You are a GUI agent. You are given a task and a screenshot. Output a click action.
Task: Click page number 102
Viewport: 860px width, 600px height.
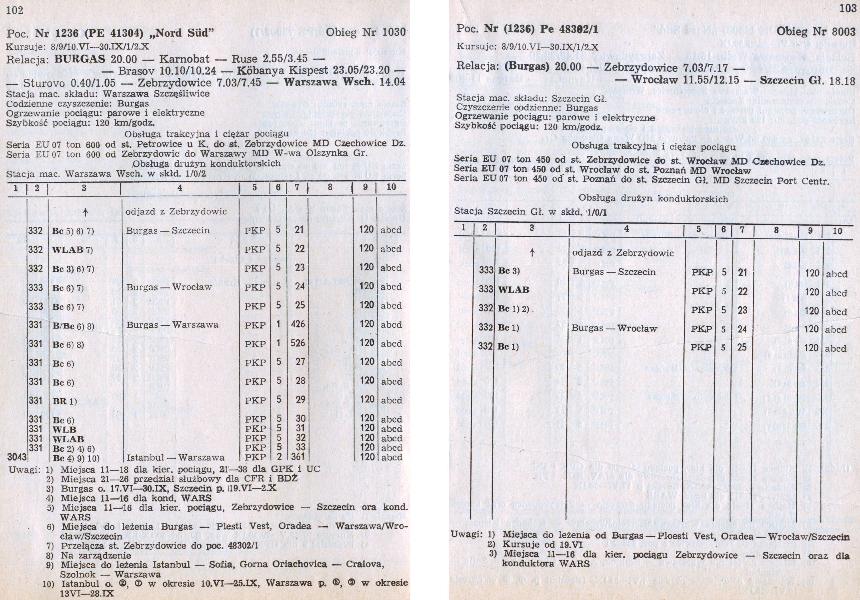pos(15,10)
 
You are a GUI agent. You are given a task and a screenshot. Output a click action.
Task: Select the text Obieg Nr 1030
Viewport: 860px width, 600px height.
pos(366,32)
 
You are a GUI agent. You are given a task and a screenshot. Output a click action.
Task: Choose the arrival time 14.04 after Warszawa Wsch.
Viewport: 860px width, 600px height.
pos(394,82)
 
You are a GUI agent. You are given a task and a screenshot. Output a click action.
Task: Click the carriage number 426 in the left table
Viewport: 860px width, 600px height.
pos(298,324)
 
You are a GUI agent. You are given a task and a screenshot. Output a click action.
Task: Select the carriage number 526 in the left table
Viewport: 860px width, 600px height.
pos(298,343)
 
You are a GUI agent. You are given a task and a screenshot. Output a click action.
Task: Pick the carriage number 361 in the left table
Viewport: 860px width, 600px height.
pos(298,457)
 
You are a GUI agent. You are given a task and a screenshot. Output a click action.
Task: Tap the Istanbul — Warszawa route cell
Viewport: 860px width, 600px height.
pos(175,457)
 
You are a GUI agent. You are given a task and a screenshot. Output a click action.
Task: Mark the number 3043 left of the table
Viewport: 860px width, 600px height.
pos(17,456)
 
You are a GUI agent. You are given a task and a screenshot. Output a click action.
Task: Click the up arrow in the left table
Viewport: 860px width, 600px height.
pos(85,212)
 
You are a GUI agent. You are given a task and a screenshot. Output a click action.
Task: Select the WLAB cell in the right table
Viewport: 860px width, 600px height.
pos(514,290)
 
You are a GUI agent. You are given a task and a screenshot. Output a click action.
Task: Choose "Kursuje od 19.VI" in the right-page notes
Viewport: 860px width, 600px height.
pos(533,544)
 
